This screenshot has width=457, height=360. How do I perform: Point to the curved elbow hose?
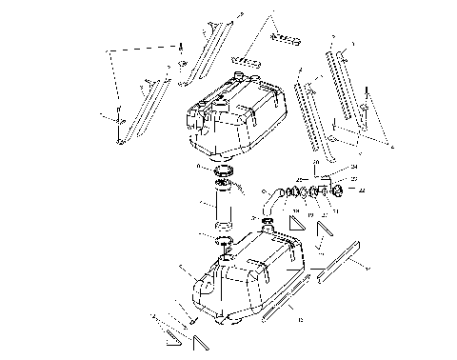click(x=273, y=199)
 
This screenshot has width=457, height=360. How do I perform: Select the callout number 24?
click(x=354, y=167)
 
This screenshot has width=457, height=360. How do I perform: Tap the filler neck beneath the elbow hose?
click(x=268, y=223)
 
